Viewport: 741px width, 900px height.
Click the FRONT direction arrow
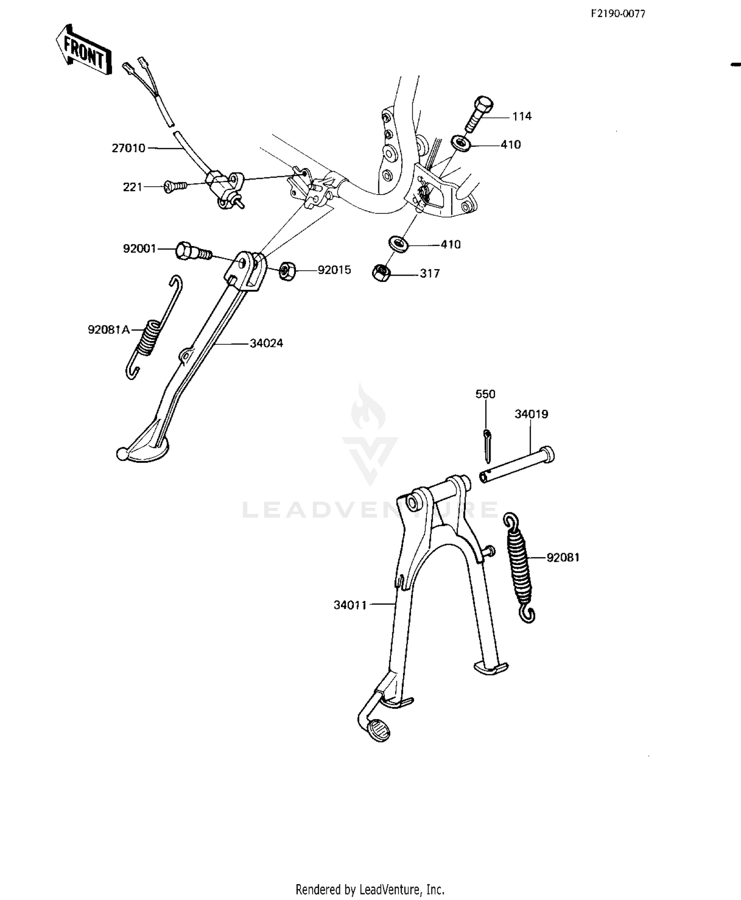click(x=83, y=50)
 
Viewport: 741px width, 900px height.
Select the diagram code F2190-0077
click(x=617, y=14)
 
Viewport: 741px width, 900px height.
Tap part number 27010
click(x=128, y=148)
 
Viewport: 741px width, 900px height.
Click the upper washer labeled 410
click(x=460, y=143)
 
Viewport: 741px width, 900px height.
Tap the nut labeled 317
click(x=381, y=273)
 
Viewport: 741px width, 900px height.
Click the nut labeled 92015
click(x=287, y=271)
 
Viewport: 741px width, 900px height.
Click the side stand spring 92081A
click(x=151, y=327)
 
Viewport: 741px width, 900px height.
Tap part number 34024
click(x=266, y=343)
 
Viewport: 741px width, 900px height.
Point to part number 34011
click(x=350, y=605)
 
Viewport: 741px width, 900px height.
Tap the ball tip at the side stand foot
click(x=122, y=453)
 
